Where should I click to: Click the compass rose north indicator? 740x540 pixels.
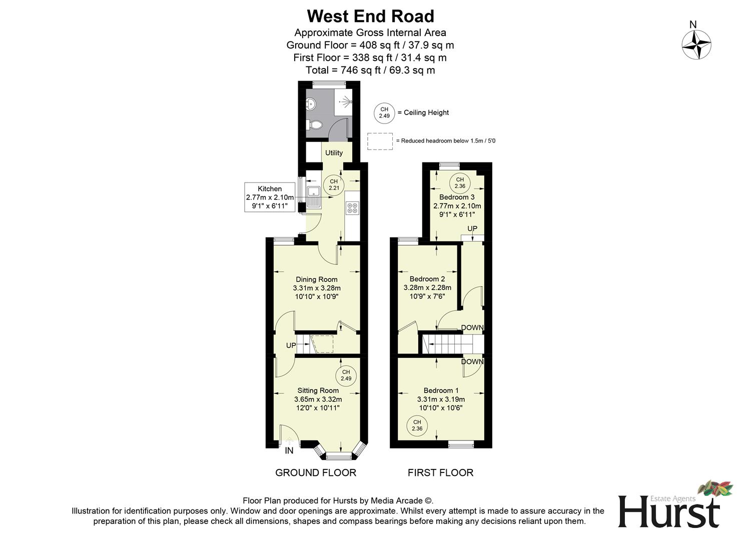(x=696, y=44)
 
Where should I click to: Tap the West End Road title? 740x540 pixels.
(x=370, y=16)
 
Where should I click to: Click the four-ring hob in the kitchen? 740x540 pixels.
(x=352, y=207)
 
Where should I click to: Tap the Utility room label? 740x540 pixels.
(x=334, y=152)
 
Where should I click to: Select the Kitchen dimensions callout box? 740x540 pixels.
(x=270, y=197)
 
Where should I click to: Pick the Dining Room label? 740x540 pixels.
(x=317, y=279)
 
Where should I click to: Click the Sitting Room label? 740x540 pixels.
(x=318, y=390)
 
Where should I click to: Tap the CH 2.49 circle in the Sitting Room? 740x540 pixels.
(x=346, y=375)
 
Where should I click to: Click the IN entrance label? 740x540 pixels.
(x=289, y=451)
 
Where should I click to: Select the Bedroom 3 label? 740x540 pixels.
(x=457, y=197)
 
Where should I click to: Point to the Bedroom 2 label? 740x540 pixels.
(x=427, y=279)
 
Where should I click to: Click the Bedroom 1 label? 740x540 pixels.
(x=441, y=390)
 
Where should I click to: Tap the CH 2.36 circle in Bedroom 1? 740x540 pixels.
(x=417, y=425)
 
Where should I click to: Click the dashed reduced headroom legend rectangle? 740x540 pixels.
(x=380, y=141)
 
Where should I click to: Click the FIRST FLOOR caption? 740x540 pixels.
(x=440, y=472)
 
